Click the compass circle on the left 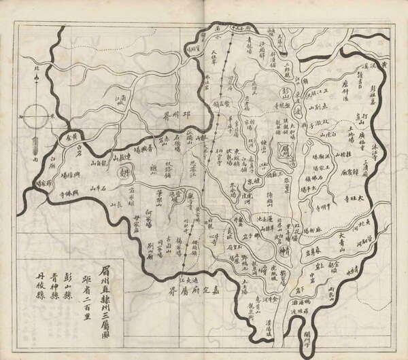coord(33,117)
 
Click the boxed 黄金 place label coord(70,136)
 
